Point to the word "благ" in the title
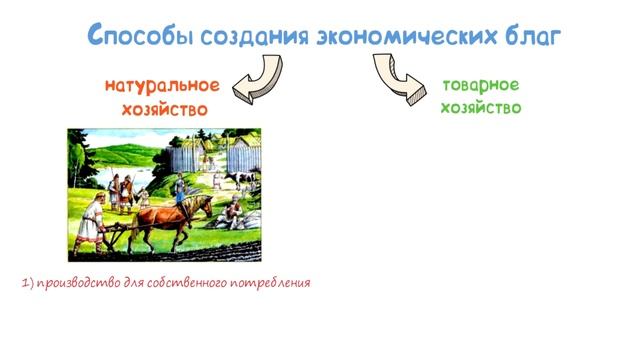pyautogui.click(x=525, y=36)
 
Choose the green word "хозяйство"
pyautogui.click(x=480, y=108)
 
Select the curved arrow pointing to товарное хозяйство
pyautogui.click(x=397, y=79)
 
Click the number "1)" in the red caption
pyautogui.click(x=27, y=283)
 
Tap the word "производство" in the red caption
pyautogui.click(x=75, y=283)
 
